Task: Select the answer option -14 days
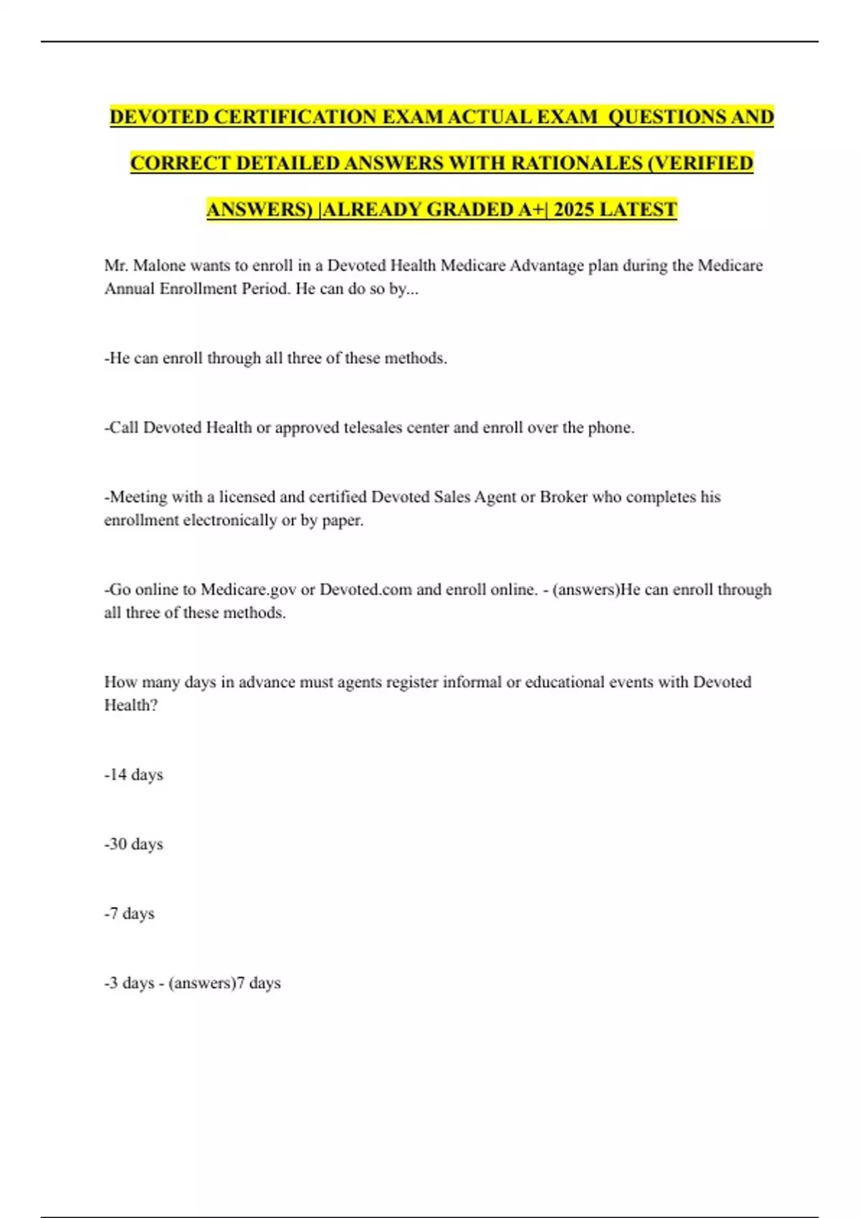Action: click(x=134, y=775)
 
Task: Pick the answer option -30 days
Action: click(x=134, y=844)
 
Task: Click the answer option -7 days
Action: click(x=130, y=913)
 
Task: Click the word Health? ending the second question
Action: click(x=131, y=705)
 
